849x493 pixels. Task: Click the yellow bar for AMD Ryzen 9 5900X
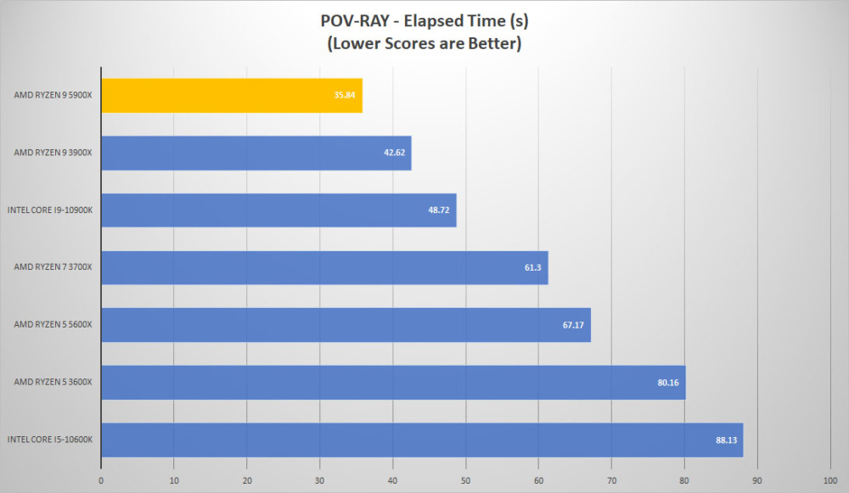232,95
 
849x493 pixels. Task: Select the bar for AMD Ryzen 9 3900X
256,153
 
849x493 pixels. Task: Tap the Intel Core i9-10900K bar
278,210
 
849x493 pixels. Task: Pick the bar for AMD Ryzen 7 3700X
325,267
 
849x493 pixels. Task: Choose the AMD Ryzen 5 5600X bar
346,325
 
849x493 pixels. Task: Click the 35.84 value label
345,95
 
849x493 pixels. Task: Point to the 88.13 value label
726,440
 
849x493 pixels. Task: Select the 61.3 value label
533,267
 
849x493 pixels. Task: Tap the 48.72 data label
439,210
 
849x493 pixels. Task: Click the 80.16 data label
668,383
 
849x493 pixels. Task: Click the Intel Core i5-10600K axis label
50,440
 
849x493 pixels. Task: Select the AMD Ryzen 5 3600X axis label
53,382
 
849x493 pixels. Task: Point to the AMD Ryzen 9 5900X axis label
53,95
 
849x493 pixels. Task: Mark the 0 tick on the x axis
101,480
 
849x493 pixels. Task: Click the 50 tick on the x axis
465,480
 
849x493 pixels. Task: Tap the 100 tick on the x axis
830,480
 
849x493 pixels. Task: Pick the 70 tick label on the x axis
611,480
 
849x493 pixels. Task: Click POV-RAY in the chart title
355,21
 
